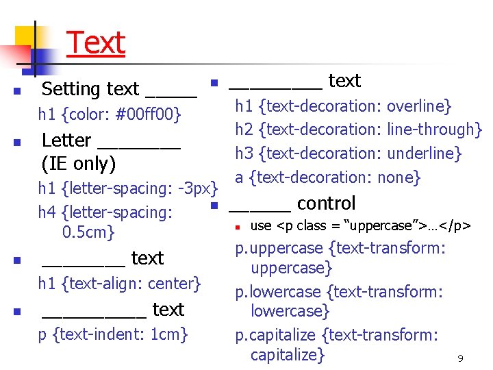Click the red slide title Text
point(96,42)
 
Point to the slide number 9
point(461,358)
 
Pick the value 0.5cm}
point(88,232)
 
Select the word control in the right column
point(326,203)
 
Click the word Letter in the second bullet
point(66,140)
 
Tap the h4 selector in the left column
point(47,212)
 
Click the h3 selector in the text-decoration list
point(244,153)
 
